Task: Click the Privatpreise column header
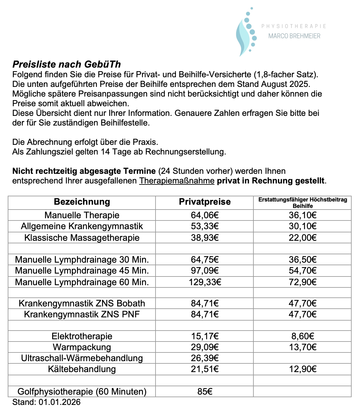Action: pyautogui.click(x=205, y=202)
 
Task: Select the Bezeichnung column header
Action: pyautogui.click(x=82, y=202)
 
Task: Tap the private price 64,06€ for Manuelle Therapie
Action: pyautogui.click(x=205, y=215)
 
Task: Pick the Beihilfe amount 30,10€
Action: pyautogui.click(x=303, y=226)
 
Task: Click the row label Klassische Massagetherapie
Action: pyautogui.click(x=82, y=238)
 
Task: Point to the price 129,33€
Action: pyautogui.click(x=205, y=282)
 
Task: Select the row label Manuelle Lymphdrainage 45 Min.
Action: pyautogui.click(x=82, y=270)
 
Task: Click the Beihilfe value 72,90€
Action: pyautogui.click(x=303, y=282)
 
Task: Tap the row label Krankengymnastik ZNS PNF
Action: pyautogui.click(x=82, y=314)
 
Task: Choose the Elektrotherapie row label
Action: pyautogui.click(x=82, y=336)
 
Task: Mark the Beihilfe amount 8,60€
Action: pyautogui.click(x=303, y=336)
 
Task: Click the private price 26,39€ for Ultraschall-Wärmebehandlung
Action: pyautogui.click(x=205, y=358)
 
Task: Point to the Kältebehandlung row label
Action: pyautogui.click(x=82, y=369)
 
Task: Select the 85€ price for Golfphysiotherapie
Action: pyautogui.click(x=205, y=391)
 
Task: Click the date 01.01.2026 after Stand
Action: pyautogui.click(x=60, y=402)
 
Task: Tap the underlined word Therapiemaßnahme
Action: pyautogui.click(x=177, y=181)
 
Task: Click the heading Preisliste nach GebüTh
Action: pyautogui.click(x=67, y=64)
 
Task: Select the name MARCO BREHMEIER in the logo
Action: pyautogui.click(x=294, y=36)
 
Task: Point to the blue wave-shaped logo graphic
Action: pyautogui.click(x=245, y=35)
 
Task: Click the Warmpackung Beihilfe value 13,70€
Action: pyautogui.click(x=303, y=347)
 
